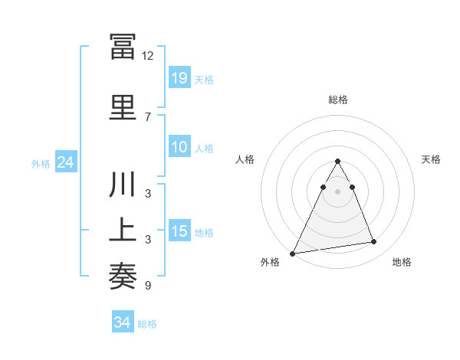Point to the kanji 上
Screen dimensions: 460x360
tap(123, 230)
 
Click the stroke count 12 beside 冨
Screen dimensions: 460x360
tap(148, 56)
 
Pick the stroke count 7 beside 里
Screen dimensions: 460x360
tap(148, 117)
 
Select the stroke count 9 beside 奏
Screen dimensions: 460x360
tap(148, 286)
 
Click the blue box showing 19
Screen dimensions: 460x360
tap(179, 78)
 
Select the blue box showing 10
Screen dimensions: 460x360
tap(179, 147)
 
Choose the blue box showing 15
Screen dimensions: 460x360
tap(179, 231)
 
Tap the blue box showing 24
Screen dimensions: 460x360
tap(65, 162)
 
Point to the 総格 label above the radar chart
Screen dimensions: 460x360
tap(337, 100)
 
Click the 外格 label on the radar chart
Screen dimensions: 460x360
tap(270, 263)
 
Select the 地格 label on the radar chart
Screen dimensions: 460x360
tap(402, 263)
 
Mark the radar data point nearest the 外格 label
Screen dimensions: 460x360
tap(293, 254)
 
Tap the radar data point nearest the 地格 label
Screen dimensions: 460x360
tap(374, 242)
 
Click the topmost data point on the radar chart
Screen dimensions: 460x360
tap(337, 161)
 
